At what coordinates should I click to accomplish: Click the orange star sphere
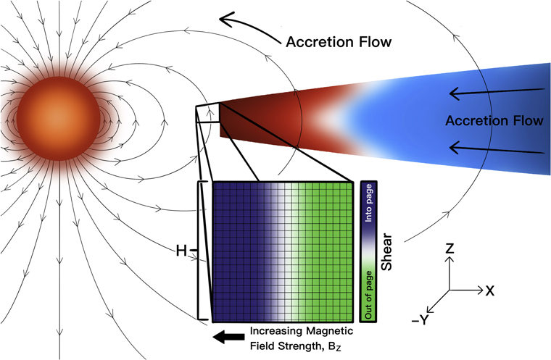pos(58,109)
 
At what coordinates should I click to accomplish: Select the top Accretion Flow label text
pos(339,41)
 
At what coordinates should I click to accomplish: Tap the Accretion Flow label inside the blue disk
pos(494,120)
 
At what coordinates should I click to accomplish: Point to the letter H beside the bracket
pos(181,251)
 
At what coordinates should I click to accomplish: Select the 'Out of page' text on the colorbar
pos(368,293)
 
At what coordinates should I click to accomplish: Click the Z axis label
pos(449,249)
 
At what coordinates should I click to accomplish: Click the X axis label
pos(490,290)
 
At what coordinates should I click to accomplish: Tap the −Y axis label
pos(422,319)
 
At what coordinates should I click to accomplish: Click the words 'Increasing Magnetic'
pos(301,331)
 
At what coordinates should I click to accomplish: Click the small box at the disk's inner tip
pos(208,114)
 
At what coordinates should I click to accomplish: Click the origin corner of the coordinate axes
pos(449,290)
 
